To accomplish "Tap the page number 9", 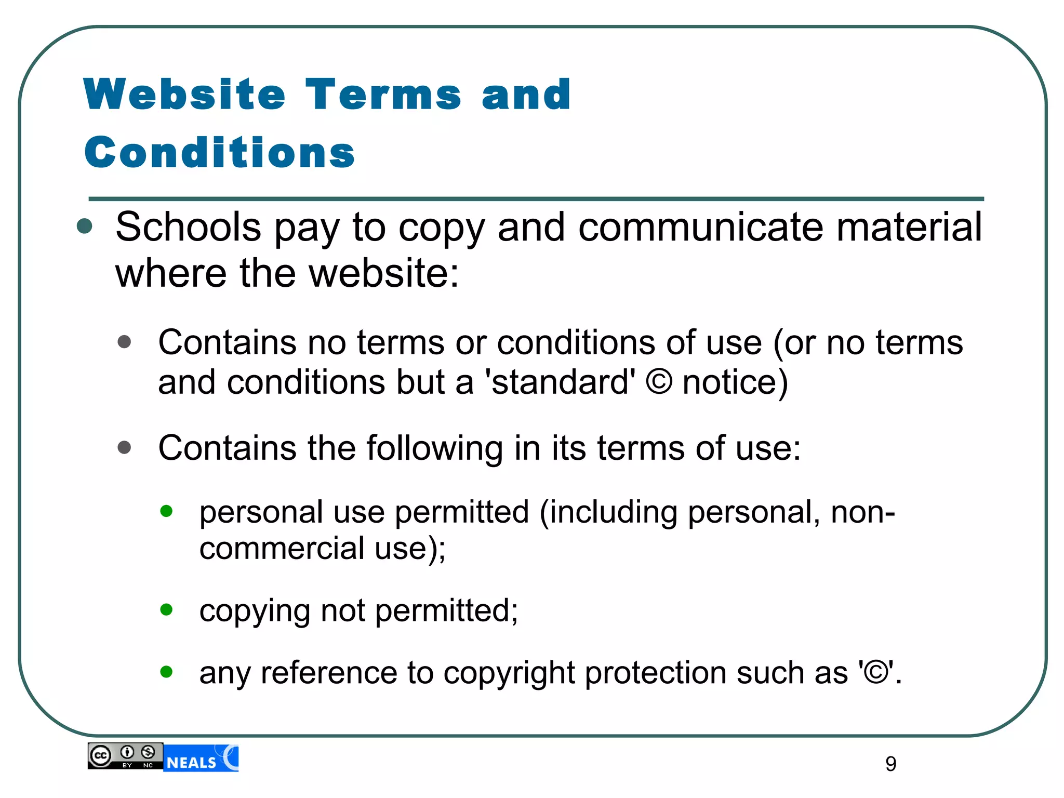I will [890, 764].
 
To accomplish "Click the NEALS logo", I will [201, 759].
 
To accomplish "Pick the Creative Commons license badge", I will [125, 756].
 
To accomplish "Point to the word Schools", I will [188, 227].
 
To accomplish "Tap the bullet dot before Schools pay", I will [84, 227].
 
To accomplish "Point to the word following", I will [435, 448].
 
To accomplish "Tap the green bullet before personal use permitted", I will [166, 511].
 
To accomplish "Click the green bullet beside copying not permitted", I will [166, 609].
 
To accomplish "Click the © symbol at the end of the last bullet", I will [876, 672].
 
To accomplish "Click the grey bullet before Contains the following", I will [124, 447].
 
